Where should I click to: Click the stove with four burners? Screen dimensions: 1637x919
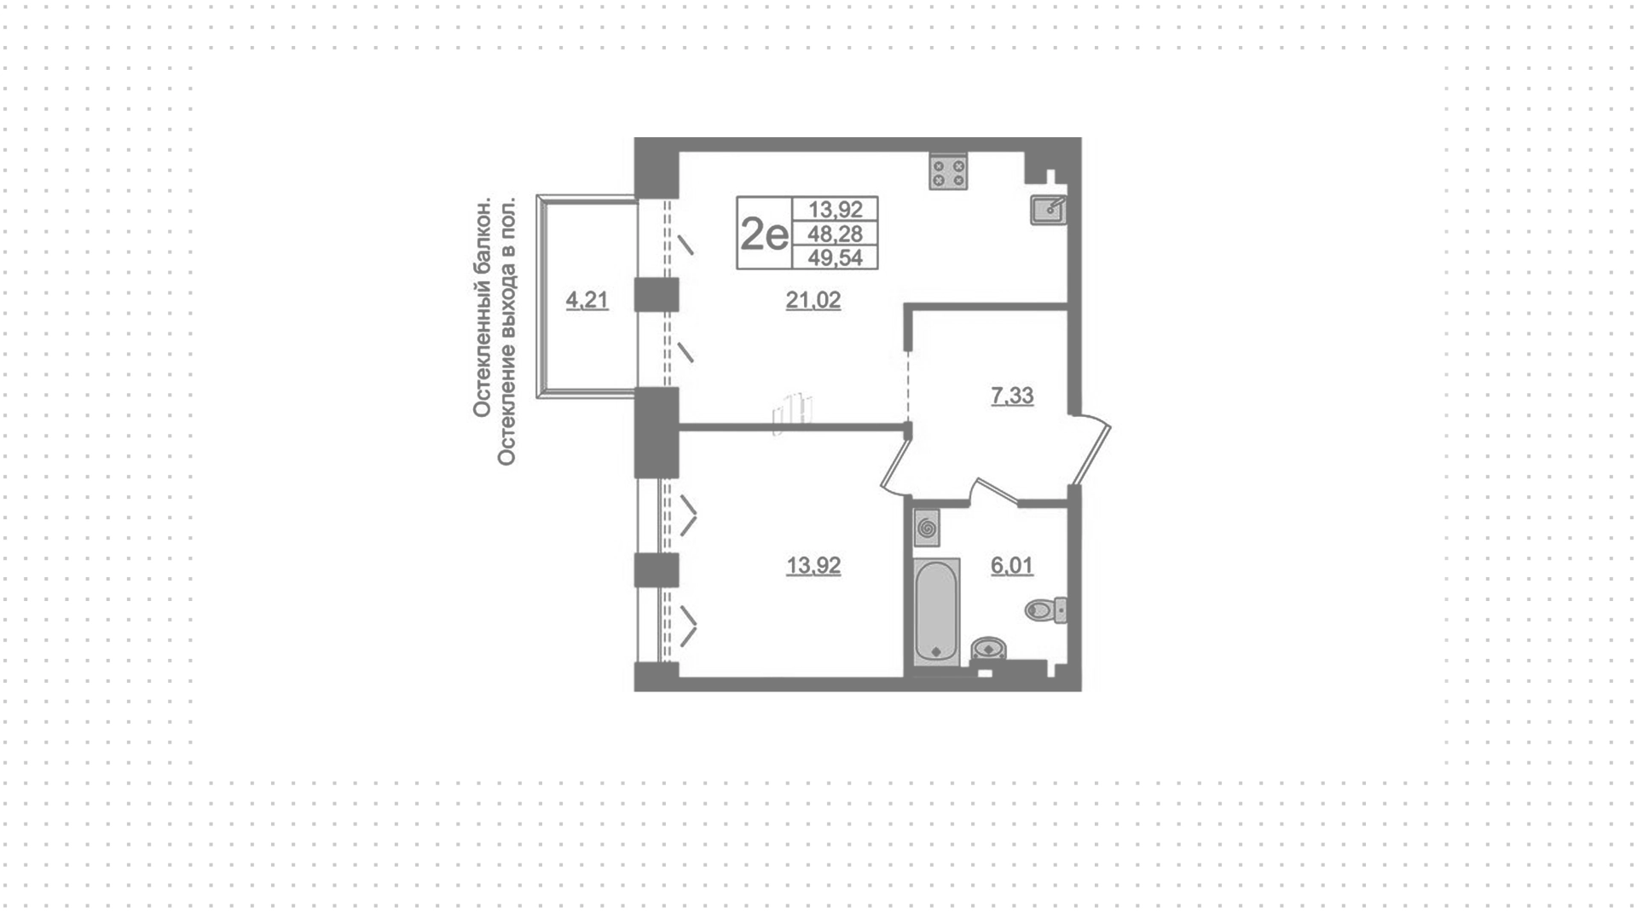point(948,172)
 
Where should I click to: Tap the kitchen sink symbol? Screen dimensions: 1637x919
point(1048,210)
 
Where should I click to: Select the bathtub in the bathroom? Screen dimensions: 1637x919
point(936,611)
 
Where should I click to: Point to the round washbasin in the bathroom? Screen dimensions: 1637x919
point(989,650)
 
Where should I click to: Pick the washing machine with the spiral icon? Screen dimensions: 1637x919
point(927,528)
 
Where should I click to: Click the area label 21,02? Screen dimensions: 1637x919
point(813,300)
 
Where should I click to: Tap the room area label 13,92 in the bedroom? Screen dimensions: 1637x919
point(813,565)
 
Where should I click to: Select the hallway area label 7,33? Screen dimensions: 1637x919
point(1012,396)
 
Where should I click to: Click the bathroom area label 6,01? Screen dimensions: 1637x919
point(1012,565)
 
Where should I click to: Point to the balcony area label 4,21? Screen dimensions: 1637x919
point(587,300)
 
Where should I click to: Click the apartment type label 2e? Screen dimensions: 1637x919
point(765,234)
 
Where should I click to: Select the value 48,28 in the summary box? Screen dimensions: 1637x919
point(836,234)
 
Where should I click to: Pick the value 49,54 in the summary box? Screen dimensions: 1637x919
point(836,257)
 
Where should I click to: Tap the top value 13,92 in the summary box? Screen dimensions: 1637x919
point(836,209)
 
